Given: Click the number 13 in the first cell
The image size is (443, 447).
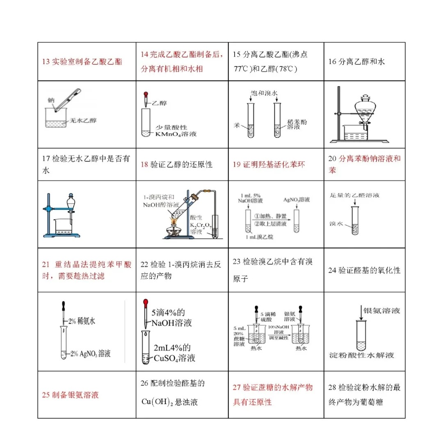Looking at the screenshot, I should coord(46,62).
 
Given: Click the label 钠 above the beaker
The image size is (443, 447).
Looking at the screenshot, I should coord(51,100).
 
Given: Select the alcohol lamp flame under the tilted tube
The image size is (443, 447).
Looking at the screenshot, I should coord(174,222).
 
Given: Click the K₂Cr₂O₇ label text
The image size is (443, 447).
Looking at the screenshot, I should coord(198,225).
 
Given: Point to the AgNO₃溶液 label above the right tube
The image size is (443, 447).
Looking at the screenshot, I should coord(297,200).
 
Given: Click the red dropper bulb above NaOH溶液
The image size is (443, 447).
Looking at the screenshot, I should coord(145,304).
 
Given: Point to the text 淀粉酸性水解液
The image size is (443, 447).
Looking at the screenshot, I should coord(361,355).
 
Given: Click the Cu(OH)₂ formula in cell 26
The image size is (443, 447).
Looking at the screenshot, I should coord(157,402).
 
